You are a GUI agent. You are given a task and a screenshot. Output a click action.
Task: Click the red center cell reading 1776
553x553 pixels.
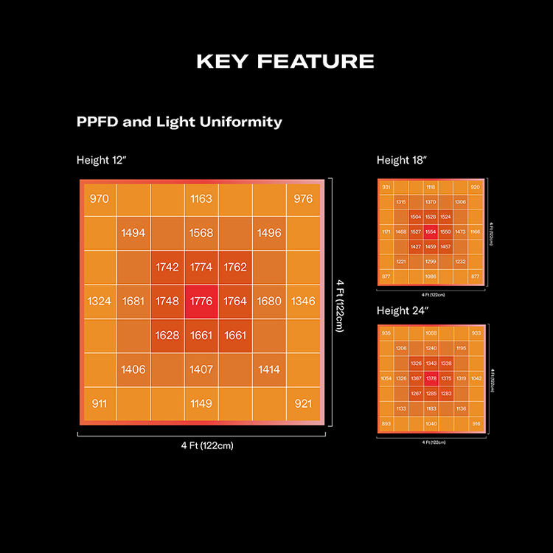click(x=201, y=301)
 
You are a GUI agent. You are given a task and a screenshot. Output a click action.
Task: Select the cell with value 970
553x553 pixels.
click(x=100, y=199)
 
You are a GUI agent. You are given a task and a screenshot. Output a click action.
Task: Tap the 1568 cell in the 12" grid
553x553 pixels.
click(x=201, y=233)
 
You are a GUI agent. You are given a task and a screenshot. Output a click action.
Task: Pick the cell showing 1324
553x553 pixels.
click(x=100, y=301)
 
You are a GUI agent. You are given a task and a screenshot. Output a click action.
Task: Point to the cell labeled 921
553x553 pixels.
click(x=303, y=403)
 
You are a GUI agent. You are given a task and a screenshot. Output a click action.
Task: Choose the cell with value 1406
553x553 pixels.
click(x=133, y=369)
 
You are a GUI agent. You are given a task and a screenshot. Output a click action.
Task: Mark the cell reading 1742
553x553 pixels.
click(x=167, y=267)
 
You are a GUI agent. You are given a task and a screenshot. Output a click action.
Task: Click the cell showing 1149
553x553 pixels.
click(x=201, y=403)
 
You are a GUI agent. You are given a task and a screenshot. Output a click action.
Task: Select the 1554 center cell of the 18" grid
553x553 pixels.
click(x=431, y=232)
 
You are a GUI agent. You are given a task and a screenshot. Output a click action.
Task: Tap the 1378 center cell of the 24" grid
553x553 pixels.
click(x=431, y=378)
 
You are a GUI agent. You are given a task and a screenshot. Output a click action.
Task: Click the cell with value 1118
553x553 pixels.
click(x=431, y=187)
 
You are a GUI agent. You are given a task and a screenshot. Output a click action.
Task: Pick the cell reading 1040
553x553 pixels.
click(x=431, y=424)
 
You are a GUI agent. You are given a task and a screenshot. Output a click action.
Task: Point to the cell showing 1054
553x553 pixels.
click(x=386, y=378)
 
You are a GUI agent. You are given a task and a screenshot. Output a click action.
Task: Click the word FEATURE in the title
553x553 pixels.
click(x=317, y=61)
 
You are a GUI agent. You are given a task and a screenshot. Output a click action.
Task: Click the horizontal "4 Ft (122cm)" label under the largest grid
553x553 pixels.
click(x=201, y=445)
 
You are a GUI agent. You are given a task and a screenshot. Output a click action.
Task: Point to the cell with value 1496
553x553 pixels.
click(x=269, y=233)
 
